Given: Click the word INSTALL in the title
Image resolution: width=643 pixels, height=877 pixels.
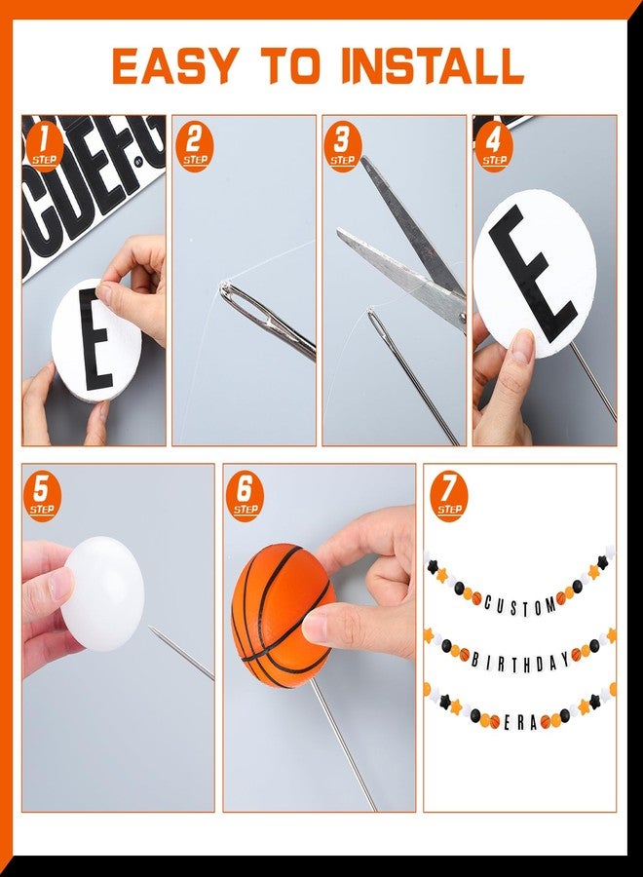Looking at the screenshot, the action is click(433, 65).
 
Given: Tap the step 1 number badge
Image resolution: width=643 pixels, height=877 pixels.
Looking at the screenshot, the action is click(44, 146).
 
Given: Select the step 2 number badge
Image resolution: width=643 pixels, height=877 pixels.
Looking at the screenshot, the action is click(195, 146).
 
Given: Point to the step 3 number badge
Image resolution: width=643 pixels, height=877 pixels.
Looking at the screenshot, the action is click(342, 146).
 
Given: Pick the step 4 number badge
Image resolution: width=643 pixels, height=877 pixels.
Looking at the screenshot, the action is click(494, 146).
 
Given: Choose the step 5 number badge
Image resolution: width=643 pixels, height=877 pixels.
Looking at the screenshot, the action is click(43, 497).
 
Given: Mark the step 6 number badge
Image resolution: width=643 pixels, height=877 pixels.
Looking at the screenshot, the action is click(246, 497).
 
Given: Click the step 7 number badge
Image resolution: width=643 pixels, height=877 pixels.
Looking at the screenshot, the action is click(449, 497).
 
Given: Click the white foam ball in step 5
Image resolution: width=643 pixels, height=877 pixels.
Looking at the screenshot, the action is click(102, 595).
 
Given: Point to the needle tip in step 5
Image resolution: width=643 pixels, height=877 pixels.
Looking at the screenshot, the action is click(149, 628).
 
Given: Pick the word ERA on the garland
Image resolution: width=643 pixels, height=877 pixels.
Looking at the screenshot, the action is click(520, 723).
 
